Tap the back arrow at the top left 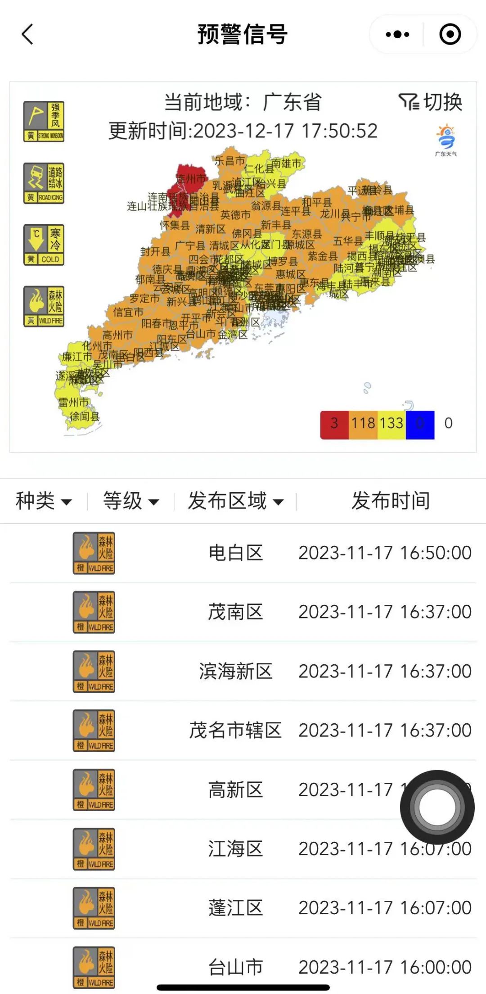[x=27, y=34]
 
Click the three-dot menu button [x=397, y=34]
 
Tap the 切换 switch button [x=431, y=102]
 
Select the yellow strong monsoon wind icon [x=44, y=122]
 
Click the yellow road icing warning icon [x=44, y=183]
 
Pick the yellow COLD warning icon [x=44, y=245]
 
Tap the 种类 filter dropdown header [x=44, y=501]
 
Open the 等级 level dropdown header [x=131, y=501]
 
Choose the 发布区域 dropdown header [x=236, y=501]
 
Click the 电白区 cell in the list [x=236, y=553]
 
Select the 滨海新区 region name [x=236, y=671]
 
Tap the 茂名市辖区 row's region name [x=235, y=730]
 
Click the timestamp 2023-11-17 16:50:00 [x=385, y=553]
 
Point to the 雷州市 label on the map [x=73, y=402]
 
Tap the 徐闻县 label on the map [x=84, y=417]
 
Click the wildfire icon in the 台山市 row [x=94, y=967]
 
